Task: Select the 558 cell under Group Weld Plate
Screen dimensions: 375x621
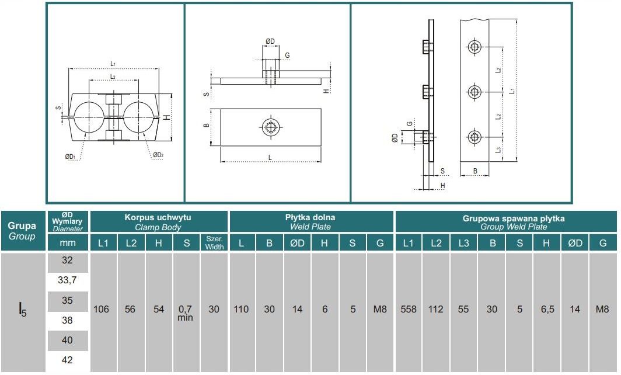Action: (x=409, y=310)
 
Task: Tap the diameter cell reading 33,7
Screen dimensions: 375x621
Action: (x=67, y=280)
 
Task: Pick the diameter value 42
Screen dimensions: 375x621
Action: (x=67, y=360)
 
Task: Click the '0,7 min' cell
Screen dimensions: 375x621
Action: (x=186, y=313)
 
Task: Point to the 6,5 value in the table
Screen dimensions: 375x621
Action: (x=547, y=310)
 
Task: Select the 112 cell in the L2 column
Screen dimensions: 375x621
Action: (x=436, y=310)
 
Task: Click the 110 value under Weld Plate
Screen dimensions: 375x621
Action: (x=241, y=310)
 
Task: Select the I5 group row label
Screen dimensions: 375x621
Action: (x=23, y=310)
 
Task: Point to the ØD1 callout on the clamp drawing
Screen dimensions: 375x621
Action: (x=69, y=157)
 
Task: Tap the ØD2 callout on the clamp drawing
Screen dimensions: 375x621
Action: (x=158, y=155)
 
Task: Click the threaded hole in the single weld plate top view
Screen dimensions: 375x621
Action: (x=270, y=127)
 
